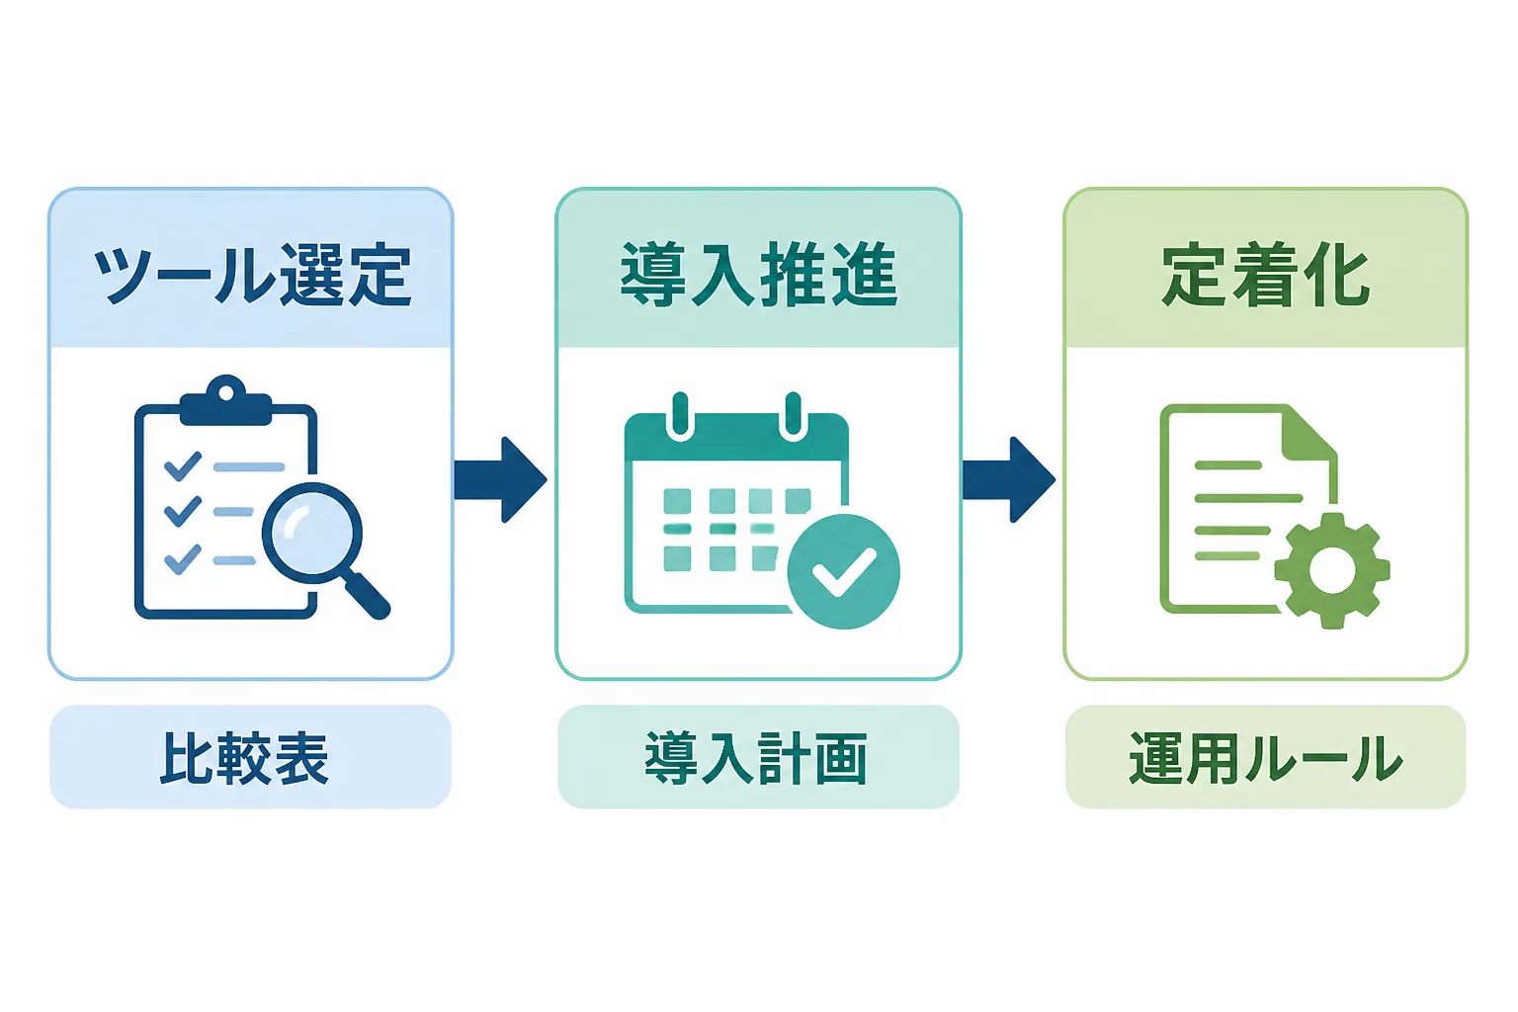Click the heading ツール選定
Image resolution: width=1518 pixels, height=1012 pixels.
click(251, 275)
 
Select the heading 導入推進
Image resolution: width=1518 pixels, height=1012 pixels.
click(759, 275)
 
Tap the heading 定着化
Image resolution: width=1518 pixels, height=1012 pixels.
click(1266, 275)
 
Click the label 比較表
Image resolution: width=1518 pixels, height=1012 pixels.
click(244, 758)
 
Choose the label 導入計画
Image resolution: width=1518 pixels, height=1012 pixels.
click(756, 758)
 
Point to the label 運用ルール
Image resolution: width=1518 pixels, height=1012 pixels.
click(1266, 758)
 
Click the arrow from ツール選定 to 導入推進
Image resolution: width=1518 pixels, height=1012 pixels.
click(500, 480)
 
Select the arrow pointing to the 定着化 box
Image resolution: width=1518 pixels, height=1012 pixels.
click(1009, 480)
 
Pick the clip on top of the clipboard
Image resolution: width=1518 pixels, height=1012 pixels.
click(225, 400)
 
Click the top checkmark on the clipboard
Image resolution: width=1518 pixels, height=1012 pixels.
click(183, 466)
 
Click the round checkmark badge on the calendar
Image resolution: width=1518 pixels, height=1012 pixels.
click(843, 571)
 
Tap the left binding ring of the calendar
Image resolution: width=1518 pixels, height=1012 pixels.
click(680, 415)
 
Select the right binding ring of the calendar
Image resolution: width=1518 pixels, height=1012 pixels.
click(793, 415)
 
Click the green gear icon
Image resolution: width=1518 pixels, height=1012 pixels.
click(1331, 571)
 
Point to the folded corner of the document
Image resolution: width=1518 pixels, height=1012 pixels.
click(1309, 434)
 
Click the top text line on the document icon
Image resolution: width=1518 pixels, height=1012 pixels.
click(1228, 465)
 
